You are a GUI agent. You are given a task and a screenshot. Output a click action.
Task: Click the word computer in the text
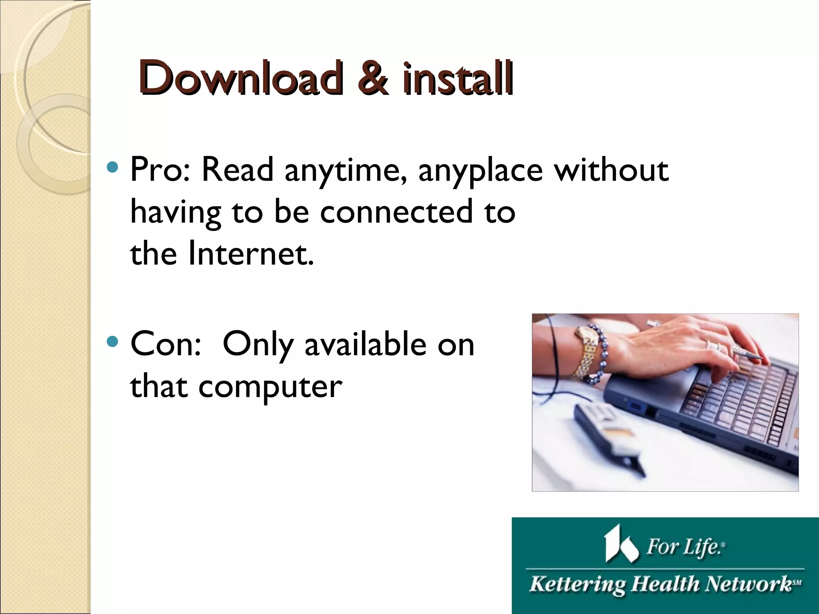click(x=270, y=387)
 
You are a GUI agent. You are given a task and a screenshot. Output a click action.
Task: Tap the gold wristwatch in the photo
click(x=586, y=352)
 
